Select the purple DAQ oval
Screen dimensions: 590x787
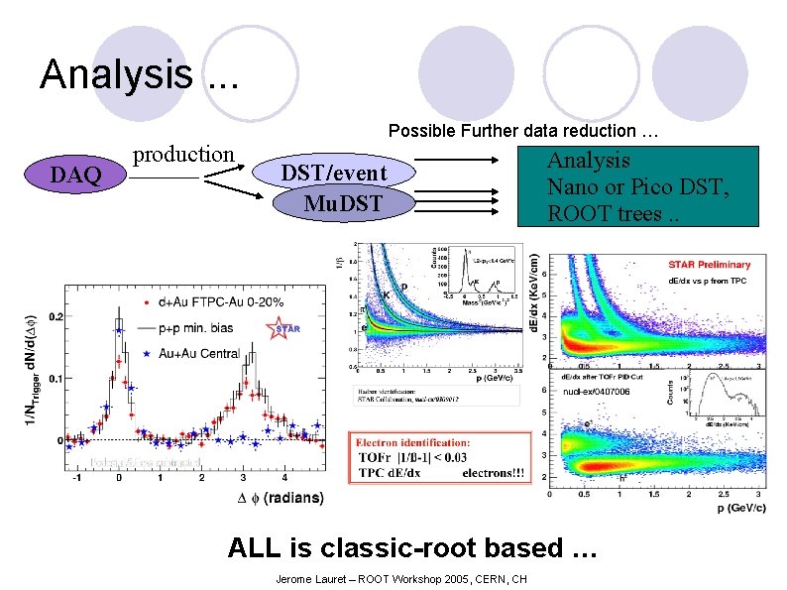coord(76,176)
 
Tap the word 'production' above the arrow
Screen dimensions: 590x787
coord(183,155)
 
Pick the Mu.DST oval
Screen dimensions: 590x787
coord(343,205)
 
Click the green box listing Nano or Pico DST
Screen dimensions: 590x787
coord(638,186)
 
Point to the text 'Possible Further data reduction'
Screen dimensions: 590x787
coord(523,131)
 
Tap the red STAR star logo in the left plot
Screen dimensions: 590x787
coord(284,326)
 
